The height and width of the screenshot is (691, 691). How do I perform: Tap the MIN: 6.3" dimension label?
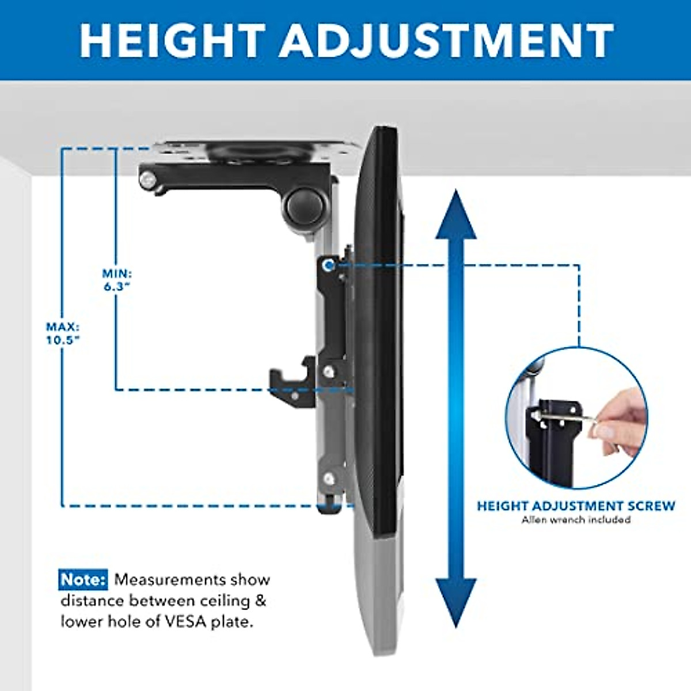point(117,280)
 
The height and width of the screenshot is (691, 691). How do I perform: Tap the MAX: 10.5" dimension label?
point(63,333)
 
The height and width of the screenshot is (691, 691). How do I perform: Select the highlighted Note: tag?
point(83,579)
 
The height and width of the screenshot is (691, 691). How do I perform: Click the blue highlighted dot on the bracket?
point(328,265)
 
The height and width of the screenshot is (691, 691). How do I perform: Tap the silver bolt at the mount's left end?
point(149,180)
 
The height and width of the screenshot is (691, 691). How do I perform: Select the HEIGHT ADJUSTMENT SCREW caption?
point(576,506)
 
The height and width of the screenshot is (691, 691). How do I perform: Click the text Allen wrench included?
point(576,520)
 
